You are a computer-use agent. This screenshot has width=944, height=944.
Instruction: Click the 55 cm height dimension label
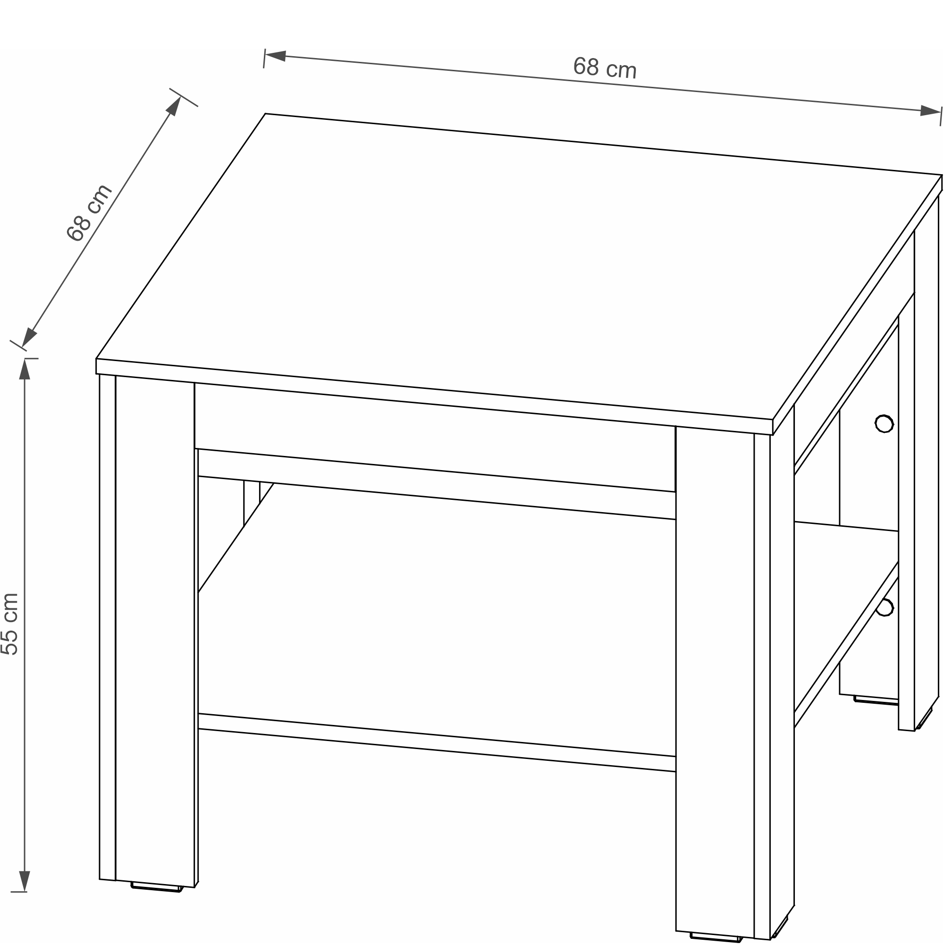click(x=10, y=624)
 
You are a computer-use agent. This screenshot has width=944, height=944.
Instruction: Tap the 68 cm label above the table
click(x=605, y=68)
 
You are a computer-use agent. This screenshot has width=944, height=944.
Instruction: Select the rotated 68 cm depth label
click(x=89, y=213)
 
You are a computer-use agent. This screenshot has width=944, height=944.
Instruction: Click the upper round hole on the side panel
click(x=884, y=424)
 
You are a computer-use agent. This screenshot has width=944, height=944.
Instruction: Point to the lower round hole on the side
click(x=885, y=607)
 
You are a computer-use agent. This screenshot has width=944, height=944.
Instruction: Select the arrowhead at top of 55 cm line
click(x=25, y=370)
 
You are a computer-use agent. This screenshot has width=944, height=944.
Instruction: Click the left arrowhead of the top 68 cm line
click(x=275, y=56)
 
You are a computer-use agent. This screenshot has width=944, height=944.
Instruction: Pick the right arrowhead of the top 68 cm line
click(x=930, y=111)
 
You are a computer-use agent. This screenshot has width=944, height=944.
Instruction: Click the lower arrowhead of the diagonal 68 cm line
click(x=29, y=337)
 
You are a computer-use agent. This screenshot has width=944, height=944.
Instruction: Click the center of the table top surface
click(x=519, y=267)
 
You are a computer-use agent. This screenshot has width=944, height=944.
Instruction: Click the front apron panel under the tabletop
click(x=435, y=438)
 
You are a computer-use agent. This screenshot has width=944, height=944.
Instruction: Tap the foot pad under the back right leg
click(x=876, y=700)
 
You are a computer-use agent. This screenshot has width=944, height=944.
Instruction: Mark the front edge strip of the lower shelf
click(x=437, y=742)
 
